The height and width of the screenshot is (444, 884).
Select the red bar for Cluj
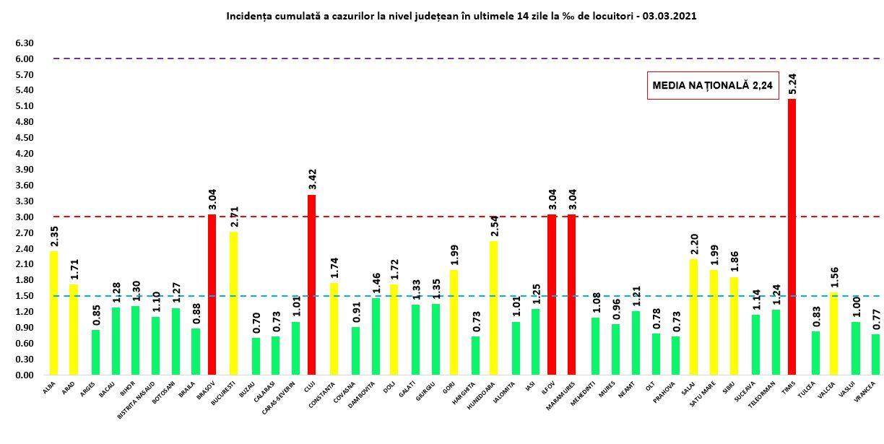(x=311, y=284)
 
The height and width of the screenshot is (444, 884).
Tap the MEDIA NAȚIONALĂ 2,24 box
(x=712, y=85)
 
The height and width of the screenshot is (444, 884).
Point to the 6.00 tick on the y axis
(x=24, y=58)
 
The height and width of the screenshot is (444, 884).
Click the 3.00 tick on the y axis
(x=24, y=217)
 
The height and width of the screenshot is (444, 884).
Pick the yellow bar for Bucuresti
(x=233, y=303)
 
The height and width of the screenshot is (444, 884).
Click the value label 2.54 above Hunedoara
(x=493, y=225)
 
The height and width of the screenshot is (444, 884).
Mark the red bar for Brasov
(x=212, y=295)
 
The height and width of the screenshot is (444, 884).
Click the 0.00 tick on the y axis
(x=24, y=375)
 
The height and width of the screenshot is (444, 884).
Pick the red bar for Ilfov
(x=551, y=295)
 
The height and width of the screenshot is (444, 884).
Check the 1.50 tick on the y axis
(x=24, y=296)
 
